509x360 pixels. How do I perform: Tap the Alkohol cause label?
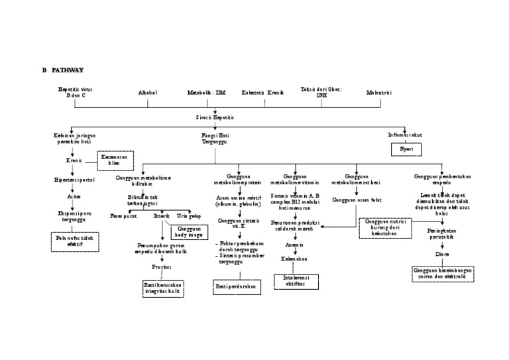[147, 92]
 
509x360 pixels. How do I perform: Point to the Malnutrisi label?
[379, 92]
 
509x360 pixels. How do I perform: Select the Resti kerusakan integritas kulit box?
[162, 288]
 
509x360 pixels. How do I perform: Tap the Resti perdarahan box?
[237, 287]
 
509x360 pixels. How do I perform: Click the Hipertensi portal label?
[70, 179]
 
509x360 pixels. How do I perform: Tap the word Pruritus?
[161, 267]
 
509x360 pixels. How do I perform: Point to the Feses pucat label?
[123, 215]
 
